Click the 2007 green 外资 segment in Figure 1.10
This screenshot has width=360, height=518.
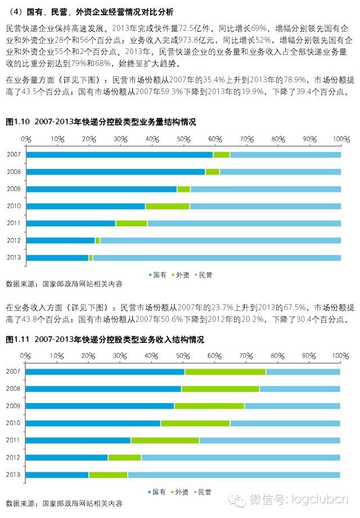tap(221, 154)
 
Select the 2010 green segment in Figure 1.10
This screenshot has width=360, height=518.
tap(167, 206)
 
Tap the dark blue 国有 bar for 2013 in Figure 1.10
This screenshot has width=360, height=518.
tap(57, 258)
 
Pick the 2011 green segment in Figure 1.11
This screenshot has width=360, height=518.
tap(165, 440)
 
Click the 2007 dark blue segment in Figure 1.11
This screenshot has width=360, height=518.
tap(105, 372)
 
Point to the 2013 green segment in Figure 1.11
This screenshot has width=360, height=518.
tap(108, 475)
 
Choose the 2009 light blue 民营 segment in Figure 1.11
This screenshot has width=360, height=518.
tap(292, 406)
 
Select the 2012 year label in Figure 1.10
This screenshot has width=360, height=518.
tap(13, 240)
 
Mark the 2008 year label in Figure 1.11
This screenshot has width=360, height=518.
tap(13, 388)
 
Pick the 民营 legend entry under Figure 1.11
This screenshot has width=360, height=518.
tap(201, 492)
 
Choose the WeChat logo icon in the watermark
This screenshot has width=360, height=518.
tap(239, 500)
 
